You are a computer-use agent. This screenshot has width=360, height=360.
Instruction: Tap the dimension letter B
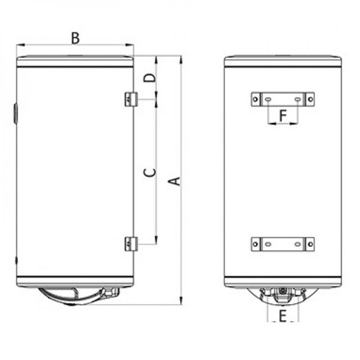pyautogui.click(x=75, y=38)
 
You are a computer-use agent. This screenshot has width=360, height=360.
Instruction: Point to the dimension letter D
pyautogui.click(x=149, y=78)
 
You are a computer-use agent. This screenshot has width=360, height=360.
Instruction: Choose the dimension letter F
pyautogui.click(x=283, y=115)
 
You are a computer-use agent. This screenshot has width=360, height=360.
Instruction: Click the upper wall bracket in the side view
pyautogui.click(x=131, y=99)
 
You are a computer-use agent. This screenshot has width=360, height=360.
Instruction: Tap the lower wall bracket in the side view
pyautogui.click(x=131, y=244)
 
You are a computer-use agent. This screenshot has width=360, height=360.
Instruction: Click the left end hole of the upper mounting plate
pyautogui.click(x=256, y=99)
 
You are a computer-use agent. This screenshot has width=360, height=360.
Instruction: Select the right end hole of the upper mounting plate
pyautogui.click(x=310, y=99)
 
